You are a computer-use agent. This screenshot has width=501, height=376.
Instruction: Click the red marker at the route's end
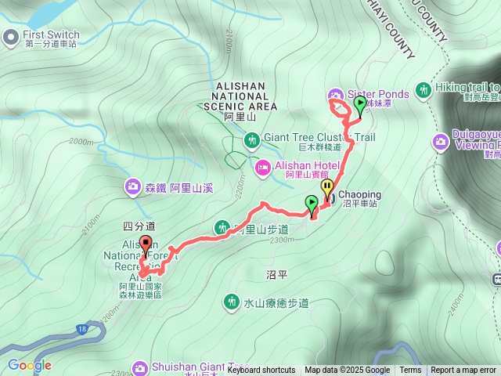coord(145,244)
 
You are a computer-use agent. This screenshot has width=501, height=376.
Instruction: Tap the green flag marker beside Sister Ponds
coord(359,103)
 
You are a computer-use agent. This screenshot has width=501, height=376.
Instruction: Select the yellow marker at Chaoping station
coord(327,188)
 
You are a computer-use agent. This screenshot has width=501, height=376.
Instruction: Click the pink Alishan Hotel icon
coord(262,166)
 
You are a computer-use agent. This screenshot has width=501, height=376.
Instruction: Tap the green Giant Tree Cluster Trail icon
coord(251,140)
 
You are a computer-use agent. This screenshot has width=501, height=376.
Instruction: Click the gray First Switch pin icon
coord(10,36)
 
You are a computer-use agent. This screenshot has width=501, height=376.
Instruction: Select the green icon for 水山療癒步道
coord(230,302)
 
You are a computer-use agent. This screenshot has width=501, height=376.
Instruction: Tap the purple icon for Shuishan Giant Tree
coord(140,367)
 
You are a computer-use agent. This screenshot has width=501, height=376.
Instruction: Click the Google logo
coord(29,365)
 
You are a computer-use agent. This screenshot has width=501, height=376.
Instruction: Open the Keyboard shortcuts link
coord(261,371)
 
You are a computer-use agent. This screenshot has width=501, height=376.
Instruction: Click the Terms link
coord(410,371)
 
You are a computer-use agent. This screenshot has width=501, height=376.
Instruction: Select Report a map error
coord(464,371)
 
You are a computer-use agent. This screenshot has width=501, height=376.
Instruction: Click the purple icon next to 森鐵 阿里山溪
coord(132,186)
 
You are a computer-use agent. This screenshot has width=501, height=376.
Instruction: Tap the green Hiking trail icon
coord(424,90)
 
